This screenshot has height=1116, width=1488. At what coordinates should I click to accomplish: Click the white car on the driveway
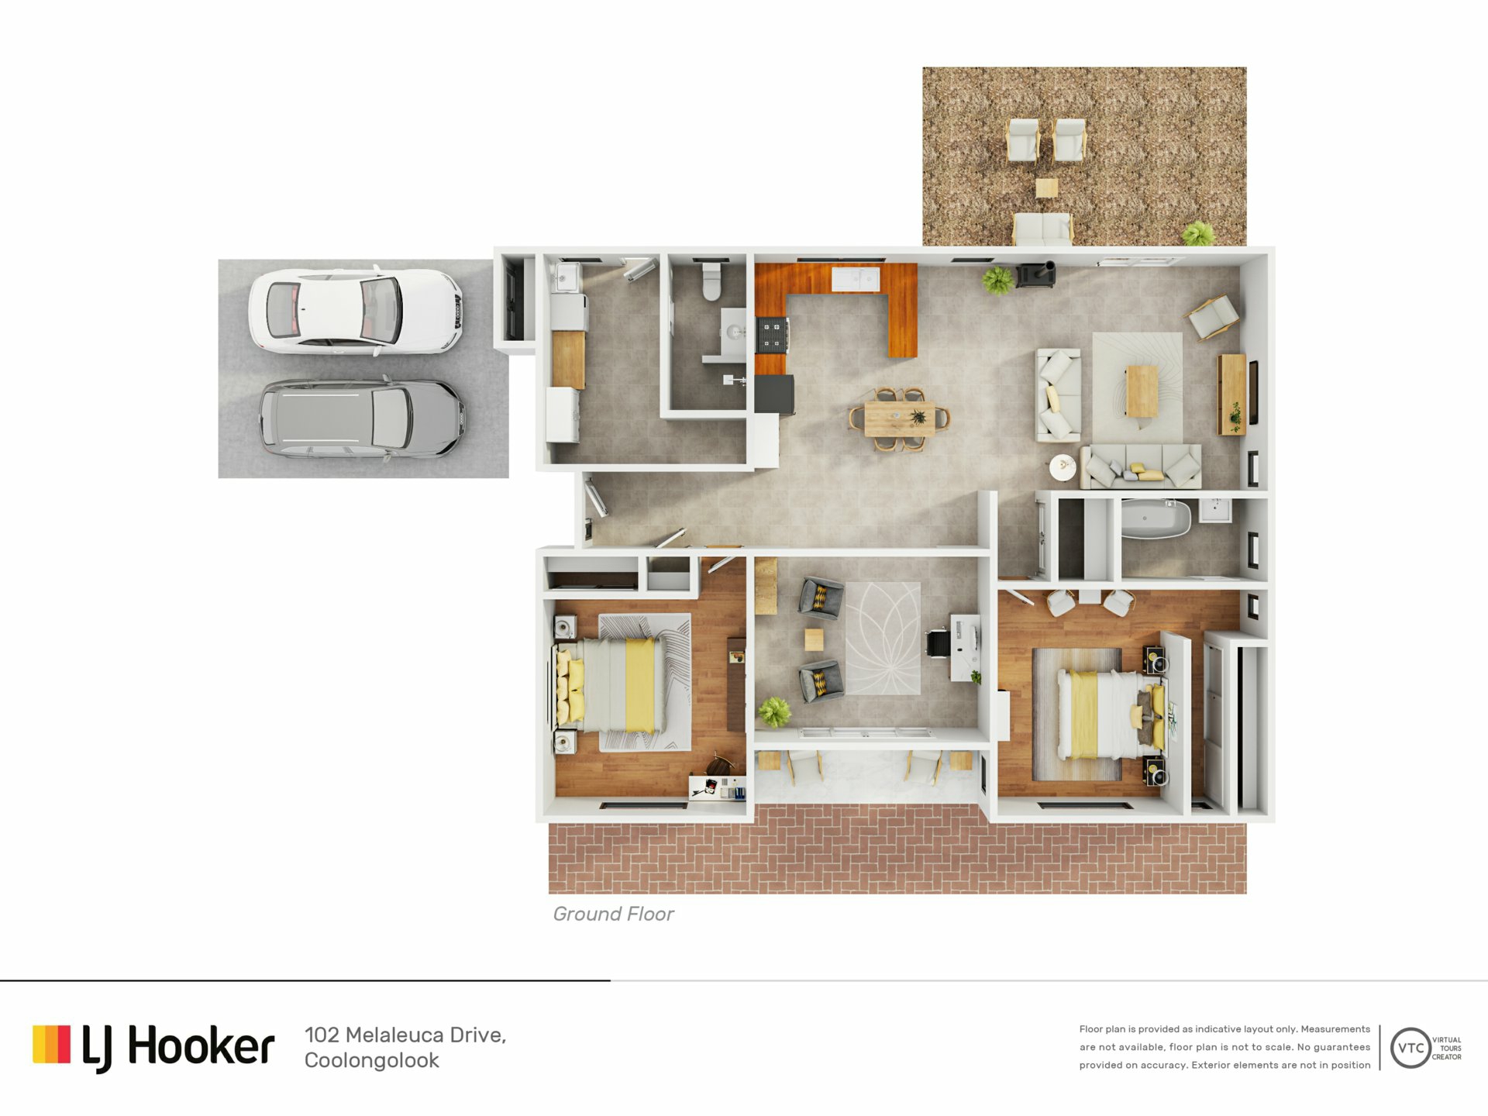pyautogui.click(x=356, y=312)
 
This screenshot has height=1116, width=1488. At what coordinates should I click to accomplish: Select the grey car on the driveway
pyautogui.click(x=362, y=418)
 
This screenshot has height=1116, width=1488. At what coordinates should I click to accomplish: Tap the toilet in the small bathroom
pyautogui.click(x=711, y=281)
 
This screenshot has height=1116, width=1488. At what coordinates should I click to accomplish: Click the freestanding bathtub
pyautogui.click(x=1156, y=518)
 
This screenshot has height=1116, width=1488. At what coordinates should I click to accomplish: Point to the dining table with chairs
pyautogui.click(x=899, y=418)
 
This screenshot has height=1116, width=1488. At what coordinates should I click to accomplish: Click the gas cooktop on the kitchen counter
pyautogui.click(x=772, y=335)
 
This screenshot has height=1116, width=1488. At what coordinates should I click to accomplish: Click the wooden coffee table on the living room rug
pyautogui.click(x=1142, y=391)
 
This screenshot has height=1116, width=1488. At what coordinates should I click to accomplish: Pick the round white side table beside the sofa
pyautogui.click(x=1063, y=467)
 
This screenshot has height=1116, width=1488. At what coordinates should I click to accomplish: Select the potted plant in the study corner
pyautogui.click(x=774, y=711)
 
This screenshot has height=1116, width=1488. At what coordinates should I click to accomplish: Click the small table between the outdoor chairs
pyautogui.click(x=1046, y=188)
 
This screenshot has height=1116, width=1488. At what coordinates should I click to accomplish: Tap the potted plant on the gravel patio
pyautogui.click(x=1198, y=232)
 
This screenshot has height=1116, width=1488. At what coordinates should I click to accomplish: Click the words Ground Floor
pyautogui.click(x=613, y=914)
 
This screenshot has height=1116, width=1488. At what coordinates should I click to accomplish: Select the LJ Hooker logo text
pyautogui.click(x=177, y=1047)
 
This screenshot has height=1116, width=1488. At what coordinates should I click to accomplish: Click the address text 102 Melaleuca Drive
pyautogui.click(x=405, y=1035)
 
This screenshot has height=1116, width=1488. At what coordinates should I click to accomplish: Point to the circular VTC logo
pyautogui.click(x=1410, y=1048)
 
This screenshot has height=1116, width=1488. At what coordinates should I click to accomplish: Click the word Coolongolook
pyautogui.click(x=371, y=1060)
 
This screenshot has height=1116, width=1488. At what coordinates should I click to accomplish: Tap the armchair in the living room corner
pyautogui.click(x=1213, y=316)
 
